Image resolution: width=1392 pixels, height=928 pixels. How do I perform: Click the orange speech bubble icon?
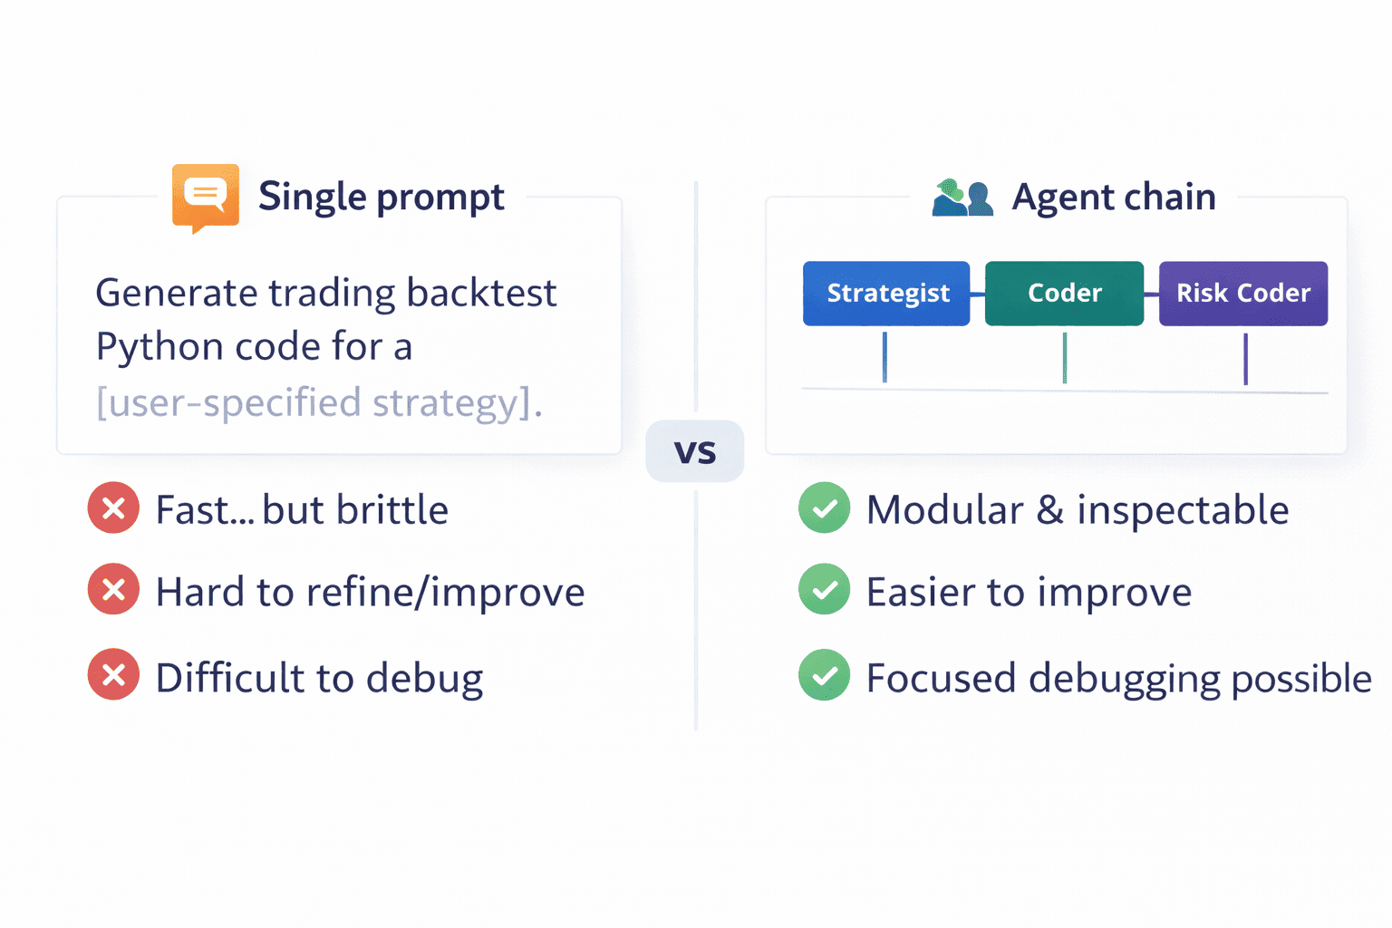206,196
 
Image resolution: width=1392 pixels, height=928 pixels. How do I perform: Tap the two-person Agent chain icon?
962,198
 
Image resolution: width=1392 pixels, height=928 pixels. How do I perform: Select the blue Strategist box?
886,294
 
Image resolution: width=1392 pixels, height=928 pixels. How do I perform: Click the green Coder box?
1064,294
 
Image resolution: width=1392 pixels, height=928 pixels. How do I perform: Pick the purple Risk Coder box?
1242,294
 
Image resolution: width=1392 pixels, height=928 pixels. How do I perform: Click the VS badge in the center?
695,451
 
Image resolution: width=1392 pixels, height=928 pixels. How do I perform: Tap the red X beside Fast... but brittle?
113,508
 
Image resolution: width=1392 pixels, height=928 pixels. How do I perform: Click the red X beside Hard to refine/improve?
113,590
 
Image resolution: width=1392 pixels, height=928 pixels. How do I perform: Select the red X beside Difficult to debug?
113,675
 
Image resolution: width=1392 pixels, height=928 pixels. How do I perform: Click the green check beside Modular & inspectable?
824,508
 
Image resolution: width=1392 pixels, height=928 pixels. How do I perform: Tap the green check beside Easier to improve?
824,590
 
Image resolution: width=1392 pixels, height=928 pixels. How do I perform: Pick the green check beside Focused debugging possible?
824,675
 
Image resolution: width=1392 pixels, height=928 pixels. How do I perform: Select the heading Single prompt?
381,198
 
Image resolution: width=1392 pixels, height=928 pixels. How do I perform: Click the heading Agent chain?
1114,198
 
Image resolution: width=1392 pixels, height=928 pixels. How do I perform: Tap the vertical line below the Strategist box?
884,357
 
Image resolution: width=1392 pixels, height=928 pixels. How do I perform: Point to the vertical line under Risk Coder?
1245,359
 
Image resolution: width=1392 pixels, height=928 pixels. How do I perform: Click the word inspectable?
1183,510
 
